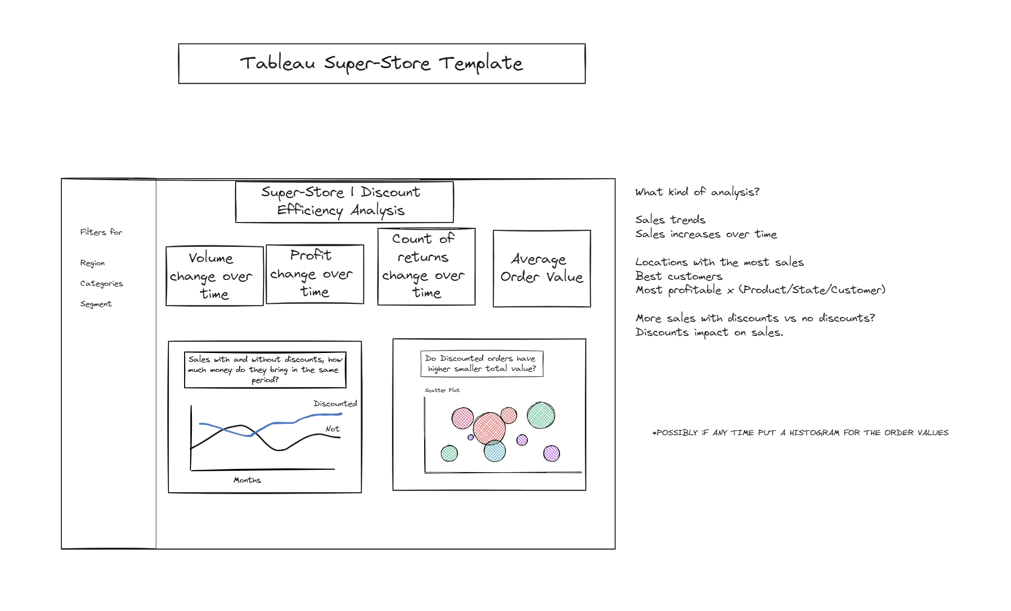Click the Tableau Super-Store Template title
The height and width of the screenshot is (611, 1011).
pyautogui.click(x=381, y=64)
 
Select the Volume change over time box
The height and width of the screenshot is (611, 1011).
pyautogui.click(x=214, y=276)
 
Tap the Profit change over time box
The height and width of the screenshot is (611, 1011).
pyautogui.click(x=315, y=274)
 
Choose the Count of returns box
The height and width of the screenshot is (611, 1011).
pyautogui.click(x=426, y=266)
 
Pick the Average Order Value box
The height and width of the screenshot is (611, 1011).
pyautogui.click(x=542, y=268)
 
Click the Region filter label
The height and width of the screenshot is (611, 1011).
pyautogui.click(x=93, y=263)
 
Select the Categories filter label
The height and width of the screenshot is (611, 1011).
pyautogui.click(x=101, y=283)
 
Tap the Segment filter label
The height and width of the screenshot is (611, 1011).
pyautogui.click(x=96, y=304)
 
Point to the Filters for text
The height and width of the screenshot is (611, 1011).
pyautogui.click(x=101, y=232)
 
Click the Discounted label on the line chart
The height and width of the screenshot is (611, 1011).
pyautogui.click(x=335, y=404)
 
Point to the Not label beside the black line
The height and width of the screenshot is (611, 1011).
pyautogui.click(x=333, y=429)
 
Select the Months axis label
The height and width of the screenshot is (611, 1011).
pyautogui.click(x=247, y=480)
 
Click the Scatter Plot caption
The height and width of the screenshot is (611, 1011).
pyautogui.click(x=442, y=390)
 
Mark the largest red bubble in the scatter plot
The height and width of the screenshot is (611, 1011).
pyautogui.click(x=489, y=428)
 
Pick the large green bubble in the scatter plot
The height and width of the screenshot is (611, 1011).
pyautogui.click(x=541, y=415)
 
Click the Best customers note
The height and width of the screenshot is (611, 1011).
pyautogui.click(x=679, y=276)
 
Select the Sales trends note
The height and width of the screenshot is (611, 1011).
pyautogui.click(x=670, y=220)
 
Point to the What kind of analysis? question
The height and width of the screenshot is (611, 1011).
pyautogui.click(x=697, y=192)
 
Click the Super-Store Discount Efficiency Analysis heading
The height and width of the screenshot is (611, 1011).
pyautogui.click(x=344, y=202)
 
